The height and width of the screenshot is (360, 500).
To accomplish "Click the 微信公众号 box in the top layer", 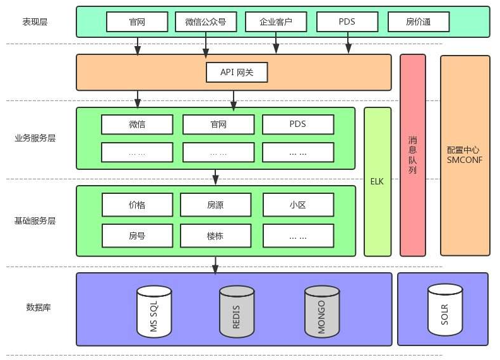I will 206,21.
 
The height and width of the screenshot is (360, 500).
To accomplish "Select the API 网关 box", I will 237,72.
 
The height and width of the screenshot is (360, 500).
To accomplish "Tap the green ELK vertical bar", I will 378,181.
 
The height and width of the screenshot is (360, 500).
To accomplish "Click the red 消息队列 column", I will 412,155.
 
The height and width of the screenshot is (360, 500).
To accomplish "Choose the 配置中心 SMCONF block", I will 465,155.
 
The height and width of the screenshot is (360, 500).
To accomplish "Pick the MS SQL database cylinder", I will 154,311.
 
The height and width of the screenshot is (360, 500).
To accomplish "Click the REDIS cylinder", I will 237,311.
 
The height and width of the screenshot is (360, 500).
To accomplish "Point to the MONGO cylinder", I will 322,311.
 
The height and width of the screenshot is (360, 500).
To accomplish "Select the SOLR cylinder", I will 445,309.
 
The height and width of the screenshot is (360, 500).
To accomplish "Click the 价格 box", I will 137,205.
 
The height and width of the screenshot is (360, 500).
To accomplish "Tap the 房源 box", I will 215,205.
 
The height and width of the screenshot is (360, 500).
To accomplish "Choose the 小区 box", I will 298,205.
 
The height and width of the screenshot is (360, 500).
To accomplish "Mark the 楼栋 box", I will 215,236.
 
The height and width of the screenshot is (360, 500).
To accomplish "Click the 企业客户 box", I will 276,21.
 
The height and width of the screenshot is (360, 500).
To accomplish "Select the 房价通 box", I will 419,21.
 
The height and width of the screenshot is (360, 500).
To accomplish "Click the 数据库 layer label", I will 39,308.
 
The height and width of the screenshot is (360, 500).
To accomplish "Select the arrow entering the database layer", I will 215,265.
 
